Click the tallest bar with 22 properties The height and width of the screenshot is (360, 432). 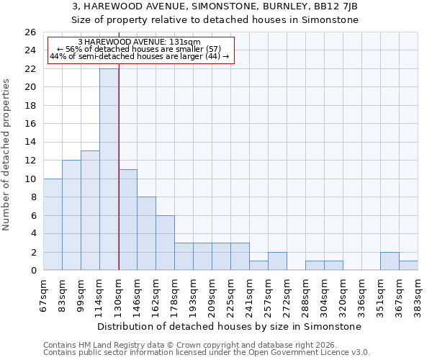pos(109,169)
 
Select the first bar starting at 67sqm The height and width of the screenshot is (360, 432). pos(53,225)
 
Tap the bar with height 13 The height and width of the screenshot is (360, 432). pos(90,210)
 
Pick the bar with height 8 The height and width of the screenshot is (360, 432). pos(146,233)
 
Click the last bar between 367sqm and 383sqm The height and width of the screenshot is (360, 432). pos(408,266)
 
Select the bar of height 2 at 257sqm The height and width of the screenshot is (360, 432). pos(277,261)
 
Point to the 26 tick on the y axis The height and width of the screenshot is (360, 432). pos(30,32)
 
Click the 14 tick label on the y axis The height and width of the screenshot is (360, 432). pos(30,143)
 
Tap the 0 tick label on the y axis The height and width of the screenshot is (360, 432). pos(33,271)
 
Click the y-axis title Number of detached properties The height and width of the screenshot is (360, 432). pos(7,164)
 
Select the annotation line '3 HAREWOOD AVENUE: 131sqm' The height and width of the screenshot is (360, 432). pos(139,42)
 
